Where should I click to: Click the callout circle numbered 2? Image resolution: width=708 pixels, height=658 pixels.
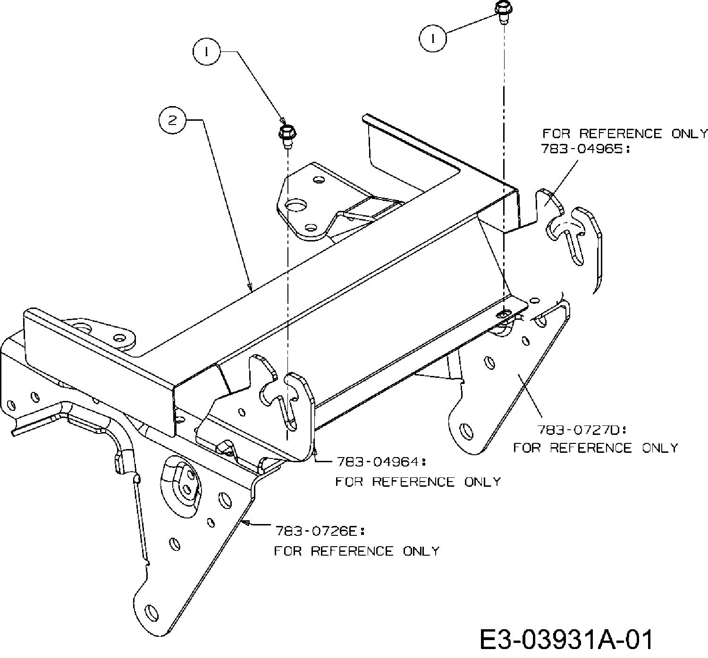tap(172, 120)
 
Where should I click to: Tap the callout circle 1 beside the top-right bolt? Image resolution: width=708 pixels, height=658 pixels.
tap(432, 38)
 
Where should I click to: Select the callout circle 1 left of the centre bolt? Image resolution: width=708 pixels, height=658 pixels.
tap(206, 51)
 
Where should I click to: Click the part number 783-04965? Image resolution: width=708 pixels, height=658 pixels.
tap(585, 150)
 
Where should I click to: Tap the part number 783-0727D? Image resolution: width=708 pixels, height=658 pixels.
tap(581, 430)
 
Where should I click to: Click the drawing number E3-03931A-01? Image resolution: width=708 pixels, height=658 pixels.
tap(567, 641)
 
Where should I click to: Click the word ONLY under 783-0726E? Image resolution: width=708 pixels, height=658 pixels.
tap(421, 551)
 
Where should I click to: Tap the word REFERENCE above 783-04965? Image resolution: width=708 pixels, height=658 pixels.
tap(621, 133)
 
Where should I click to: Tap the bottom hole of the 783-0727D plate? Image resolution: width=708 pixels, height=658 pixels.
tap(465, 431)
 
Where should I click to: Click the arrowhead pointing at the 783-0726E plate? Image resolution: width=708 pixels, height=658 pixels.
tap(244, 522)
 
